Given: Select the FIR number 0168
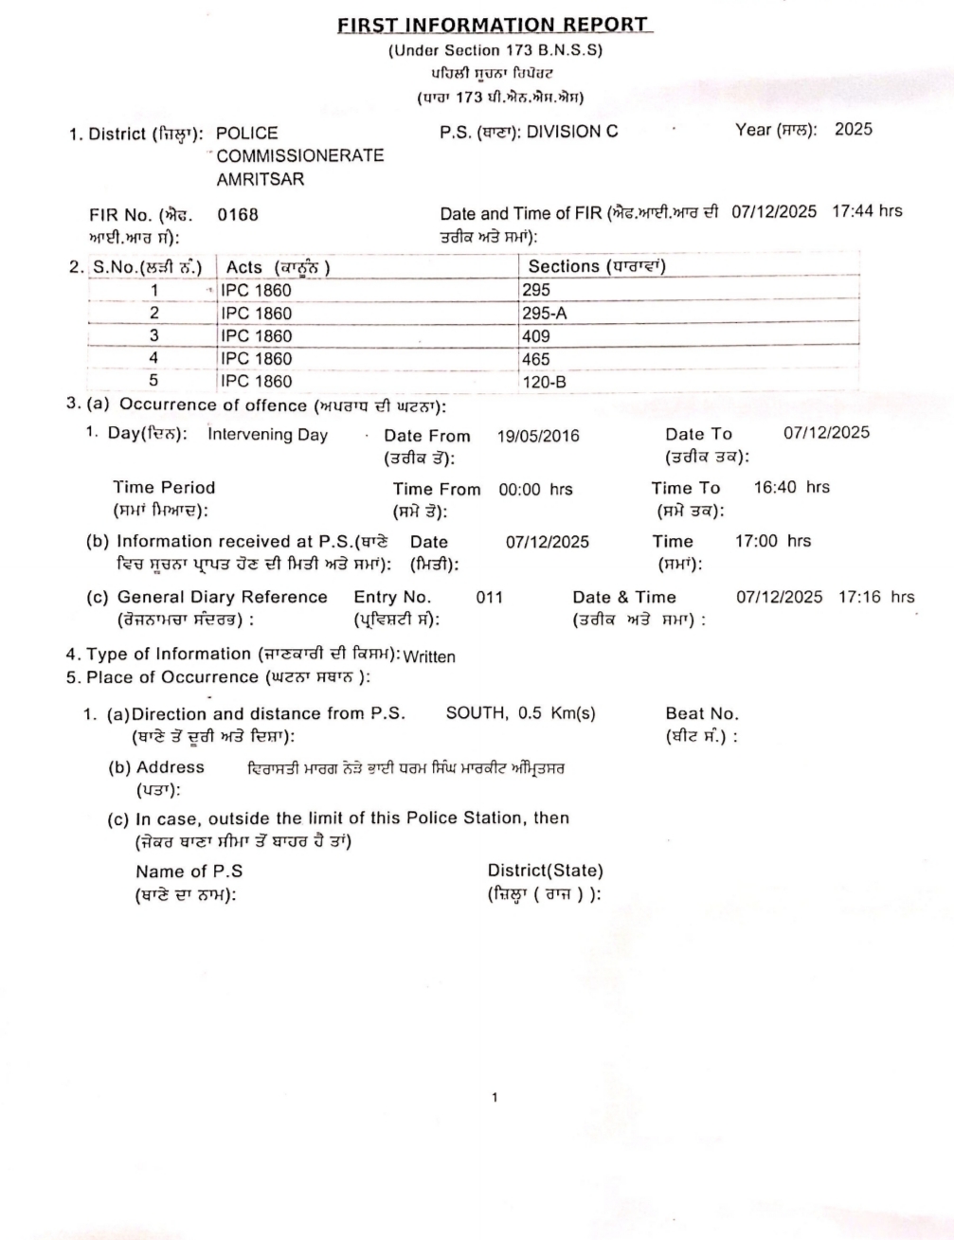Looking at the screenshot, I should [x=237, y=214].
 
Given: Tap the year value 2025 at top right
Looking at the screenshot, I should [x=853, y=130].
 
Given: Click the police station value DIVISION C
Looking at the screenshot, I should [x=572, y=132].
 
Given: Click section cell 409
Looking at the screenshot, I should [x=536, y=336].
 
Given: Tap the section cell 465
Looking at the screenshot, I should [x=536, y=359].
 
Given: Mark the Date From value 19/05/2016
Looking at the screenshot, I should [x=538, y=437].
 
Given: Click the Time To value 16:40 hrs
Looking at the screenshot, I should [x=791, y=488].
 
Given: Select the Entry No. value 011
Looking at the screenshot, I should [x=489, y=598].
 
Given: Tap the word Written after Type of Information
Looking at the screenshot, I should [x=429, y=656].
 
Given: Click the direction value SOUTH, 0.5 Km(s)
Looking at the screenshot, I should [x=520, y=714].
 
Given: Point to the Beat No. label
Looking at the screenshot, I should [x=701, y=714].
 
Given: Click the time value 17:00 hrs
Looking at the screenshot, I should [x=773, y=542].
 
